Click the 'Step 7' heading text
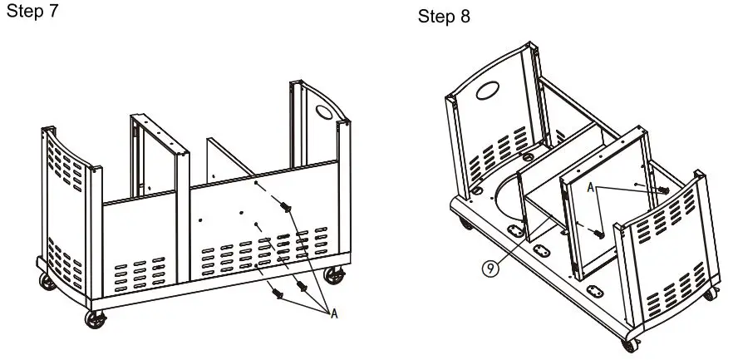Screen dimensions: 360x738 (x=32, y=13)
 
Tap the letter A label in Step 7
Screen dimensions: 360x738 (x=334, y=313)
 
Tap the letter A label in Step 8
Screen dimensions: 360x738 (x=590, y=188)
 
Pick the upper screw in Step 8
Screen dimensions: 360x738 (x=665, y=190)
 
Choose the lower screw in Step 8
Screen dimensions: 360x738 (x=597, y=234)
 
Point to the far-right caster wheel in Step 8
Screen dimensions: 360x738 (x=711, y=293)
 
